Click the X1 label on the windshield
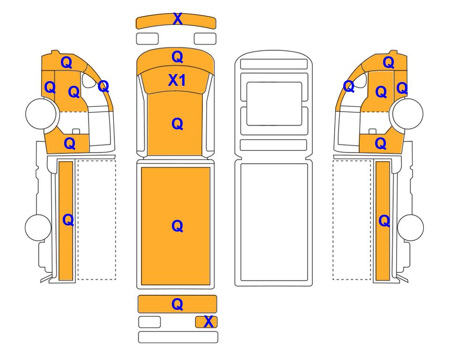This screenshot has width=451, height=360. tap(177, 80)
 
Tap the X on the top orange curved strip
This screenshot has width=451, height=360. tap(178, 19)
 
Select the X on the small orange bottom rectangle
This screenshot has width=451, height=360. tap(208, 322)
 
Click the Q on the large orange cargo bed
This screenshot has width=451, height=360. tap(177, 226)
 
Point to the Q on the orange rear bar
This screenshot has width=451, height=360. tap(177, 304)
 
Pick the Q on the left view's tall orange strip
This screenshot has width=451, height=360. tap(68, 220)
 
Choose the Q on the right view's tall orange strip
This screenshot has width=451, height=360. tap(384, 221)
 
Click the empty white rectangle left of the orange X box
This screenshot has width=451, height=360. tap(149, 322)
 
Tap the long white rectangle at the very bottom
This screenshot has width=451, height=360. tap(178, 337)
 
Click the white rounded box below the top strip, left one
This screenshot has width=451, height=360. tap(147, 39)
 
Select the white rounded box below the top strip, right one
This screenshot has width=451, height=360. tap(205, 39)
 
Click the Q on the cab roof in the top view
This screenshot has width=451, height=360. tap(177, 124)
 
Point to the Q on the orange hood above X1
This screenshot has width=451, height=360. tap(177, 57)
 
